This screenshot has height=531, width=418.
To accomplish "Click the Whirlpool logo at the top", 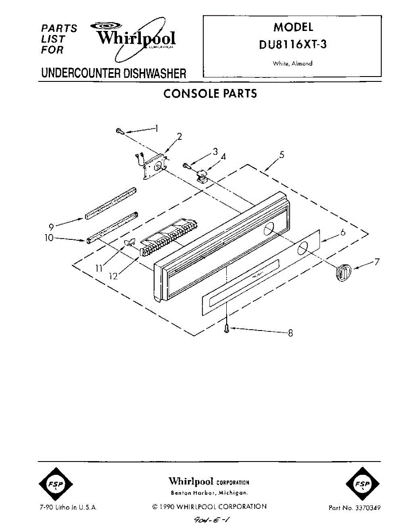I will [x=135, y=37].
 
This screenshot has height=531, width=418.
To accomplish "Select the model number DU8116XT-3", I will [x=293, y=45].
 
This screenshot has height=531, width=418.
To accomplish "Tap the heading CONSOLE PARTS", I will [x=210, y=94].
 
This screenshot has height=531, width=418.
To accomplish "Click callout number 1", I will [x=156, y=128].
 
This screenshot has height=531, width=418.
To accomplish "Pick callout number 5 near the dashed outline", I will [x=282, y=154].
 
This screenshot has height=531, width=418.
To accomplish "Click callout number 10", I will [x=49, y=238].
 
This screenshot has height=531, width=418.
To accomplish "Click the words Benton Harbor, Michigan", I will [x=209, y=493].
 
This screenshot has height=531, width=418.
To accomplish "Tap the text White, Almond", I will [x=293, y=63].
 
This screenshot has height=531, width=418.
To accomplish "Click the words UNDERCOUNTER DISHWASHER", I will [x=114, y=73].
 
